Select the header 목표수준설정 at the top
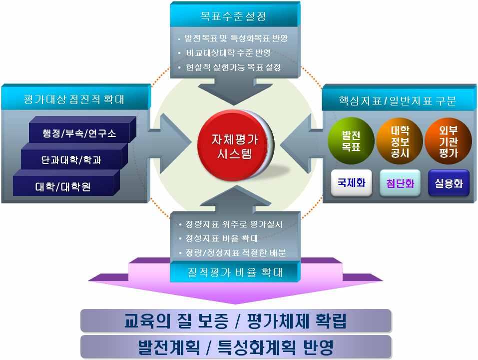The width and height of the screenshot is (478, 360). pos(233,16)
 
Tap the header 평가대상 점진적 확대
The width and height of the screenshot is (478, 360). pos(75,99)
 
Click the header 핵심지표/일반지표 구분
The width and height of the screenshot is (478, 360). pos(397,101)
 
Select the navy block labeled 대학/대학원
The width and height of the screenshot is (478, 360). pos(63,187)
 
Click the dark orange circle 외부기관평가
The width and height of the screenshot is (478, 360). pos(448,141)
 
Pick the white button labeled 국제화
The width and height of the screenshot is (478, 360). pos(351,183)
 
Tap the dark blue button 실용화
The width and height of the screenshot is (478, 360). pos(448,183)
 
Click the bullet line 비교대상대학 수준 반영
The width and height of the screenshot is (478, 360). pos(228,53)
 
